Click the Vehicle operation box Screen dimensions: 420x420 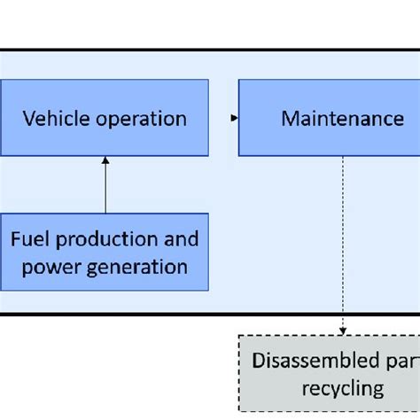tap(105, 119)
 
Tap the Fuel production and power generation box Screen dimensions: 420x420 tap(105, 252)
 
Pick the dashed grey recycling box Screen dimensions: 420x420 tap(329, 374)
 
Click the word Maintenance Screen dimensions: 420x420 tap(342, 119)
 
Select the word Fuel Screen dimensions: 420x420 tap(28, 239)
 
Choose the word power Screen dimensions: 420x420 tap(46, 266)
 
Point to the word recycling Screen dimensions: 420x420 tap(342, 387)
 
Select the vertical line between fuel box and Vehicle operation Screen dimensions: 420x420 tap(105, 188)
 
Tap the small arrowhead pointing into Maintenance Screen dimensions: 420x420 tap(234, 118)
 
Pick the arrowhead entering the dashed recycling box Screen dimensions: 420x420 tap(343, 331)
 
